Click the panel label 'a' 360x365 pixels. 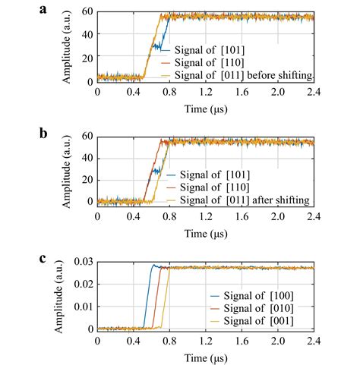coord(66,9)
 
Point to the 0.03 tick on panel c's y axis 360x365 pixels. coord(82,262)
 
